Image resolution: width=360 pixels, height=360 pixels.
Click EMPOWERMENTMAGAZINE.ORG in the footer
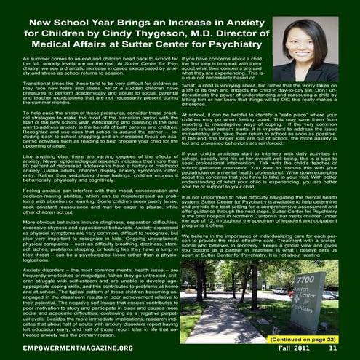pos(66,350)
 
